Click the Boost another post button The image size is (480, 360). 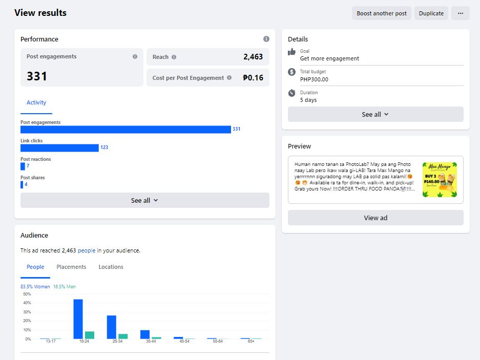coord(382,13)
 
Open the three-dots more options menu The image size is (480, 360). coord(460,13)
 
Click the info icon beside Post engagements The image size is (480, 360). coord(135,57)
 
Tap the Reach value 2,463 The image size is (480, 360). coord(253,57)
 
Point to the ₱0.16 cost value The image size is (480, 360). coord(253,78)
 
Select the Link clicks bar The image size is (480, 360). coord(59,147)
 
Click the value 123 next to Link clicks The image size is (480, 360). coord(104,147)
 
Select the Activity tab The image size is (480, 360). coord(36,103)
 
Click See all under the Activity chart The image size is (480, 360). coord(144,200)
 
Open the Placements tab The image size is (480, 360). coord(71,267)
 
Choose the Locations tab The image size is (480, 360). coord(111,267)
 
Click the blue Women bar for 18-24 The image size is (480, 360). coord(78,319)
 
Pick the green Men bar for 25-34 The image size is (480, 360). coord(123,336)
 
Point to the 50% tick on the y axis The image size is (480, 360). coord(27,294)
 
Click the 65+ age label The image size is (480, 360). coord(251,341)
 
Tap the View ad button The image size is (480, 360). coord(375,218)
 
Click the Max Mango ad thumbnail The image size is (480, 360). coord(440,180)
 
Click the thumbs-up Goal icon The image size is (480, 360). coord(292,52)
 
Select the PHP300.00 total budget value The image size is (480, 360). coord(314,79)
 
